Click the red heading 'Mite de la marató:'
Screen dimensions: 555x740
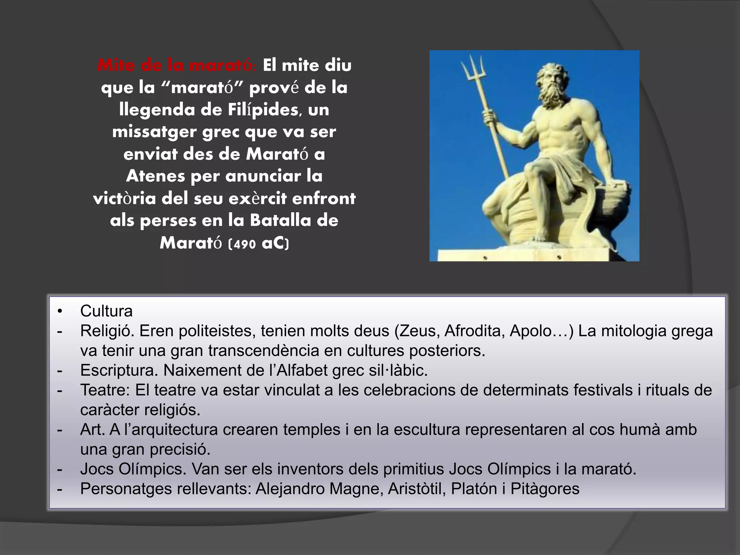click(x=177, y=66)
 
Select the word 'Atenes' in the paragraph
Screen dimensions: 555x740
click(x=155, y=177)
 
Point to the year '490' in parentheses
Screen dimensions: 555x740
click(x=245, y=244)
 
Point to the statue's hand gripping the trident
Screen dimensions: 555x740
click(x=489, y=118)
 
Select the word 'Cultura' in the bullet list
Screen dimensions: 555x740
click(x=106, y=311)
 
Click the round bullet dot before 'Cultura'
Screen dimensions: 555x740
click(x=60, y=311)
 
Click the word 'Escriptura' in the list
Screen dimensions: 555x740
click(x=119, y=370)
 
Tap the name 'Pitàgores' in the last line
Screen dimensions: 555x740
click(x=545, y=489)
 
